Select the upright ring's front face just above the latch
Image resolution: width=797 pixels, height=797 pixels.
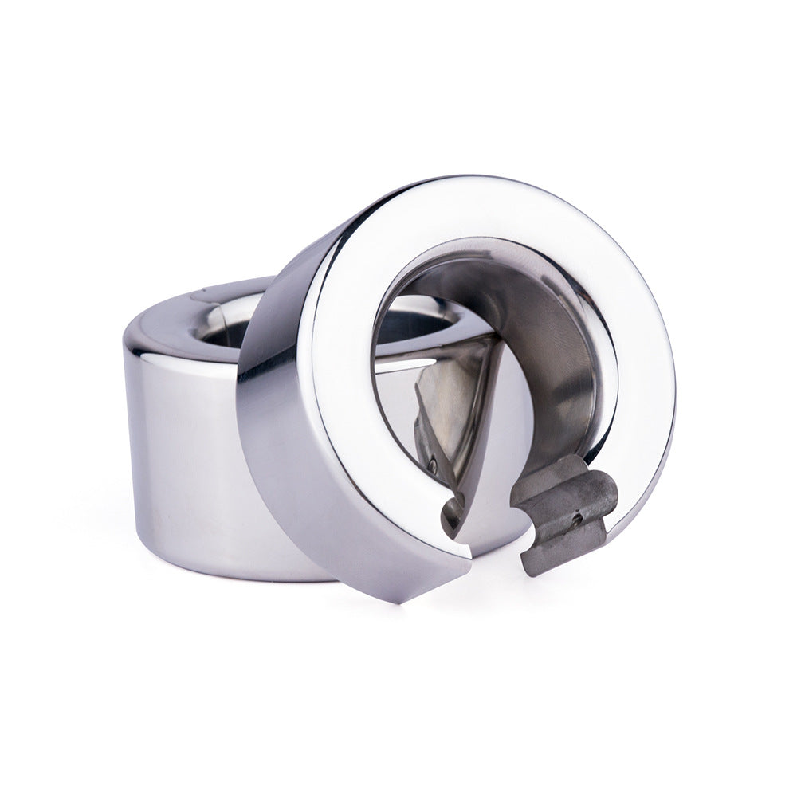click(x=630, y=446)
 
